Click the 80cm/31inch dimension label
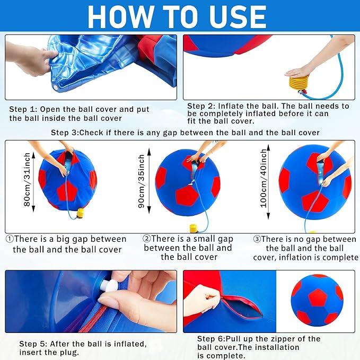(x=28, y=180)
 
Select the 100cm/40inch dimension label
(x=264, y=178)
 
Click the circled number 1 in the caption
(x=9, y=239)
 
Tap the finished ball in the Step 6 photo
(x=317, y=299)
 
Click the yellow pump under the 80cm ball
(x=81, y=213)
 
